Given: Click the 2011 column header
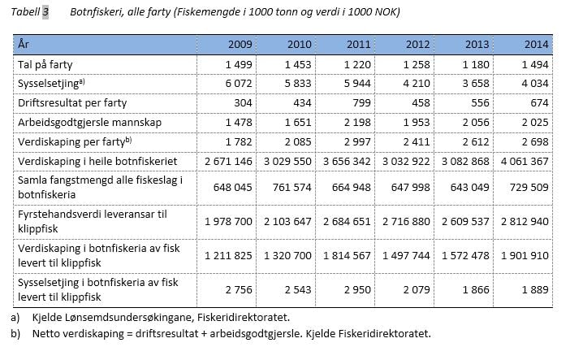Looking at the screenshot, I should point(358,44).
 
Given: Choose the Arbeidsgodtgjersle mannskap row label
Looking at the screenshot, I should point(89,123).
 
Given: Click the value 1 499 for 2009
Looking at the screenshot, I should point(227,63).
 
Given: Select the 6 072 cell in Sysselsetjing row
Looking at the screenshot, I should point(227,84).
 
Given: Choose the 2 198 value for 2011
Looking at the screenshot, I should point(358,123).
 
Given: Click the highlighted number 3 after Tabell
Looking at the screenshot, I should point(45,13).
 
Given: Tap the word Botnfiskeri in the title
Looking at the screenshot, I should point(97,13).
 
